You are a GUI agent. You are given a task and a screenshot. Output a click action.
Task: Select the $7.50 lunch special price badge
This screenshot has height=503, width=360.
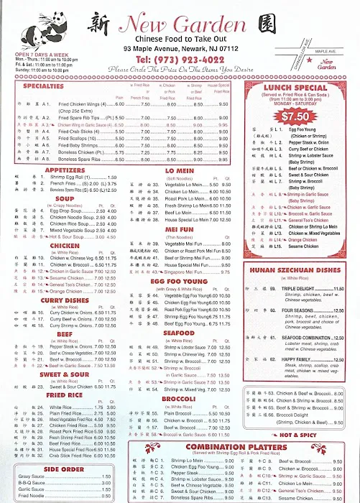(x=296, y=116)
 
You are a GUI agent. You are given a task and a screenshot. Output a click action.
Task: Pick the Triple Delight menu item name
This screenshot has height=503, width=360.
(x=305, y=288)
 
